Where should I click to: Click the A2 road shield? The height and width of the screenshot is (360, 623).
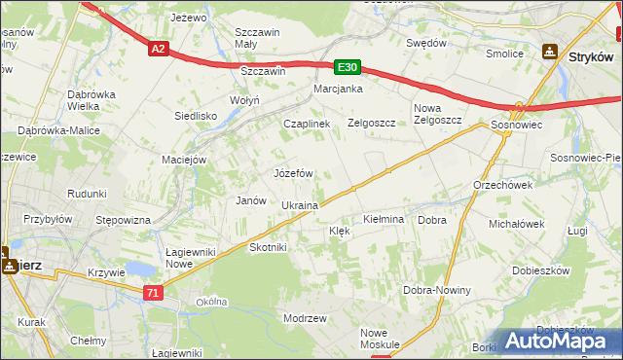159,48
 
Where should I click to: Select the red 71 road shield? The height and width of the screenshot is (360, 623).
151,292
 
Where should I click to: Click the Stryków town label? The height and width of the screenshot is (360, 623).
591,57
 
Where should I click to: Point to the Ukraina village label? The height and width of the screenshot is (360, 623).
300,206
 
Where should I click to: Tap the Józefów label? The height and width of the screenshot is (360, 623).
293,173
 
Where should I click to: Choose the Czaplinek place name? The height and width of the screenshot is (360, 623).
307,125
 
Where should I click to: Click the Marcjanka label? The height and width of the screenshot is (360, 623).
338,90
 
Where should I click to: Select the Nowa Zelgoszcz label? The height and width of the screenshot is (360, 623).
437,114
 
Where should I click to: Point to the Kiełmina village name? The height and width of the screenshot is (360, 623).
383,220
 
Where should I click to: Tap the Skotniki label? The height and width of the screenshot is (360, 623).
269,247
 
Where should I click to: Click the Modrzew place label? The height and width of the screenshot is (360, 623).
304,318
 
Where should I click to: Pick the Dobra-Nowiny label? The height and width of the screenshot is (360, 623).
437,291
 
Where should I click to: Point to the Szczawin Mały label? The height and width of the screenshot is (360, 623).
259,37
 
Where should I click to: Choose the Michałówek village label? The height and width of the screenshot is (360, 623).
517,224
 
